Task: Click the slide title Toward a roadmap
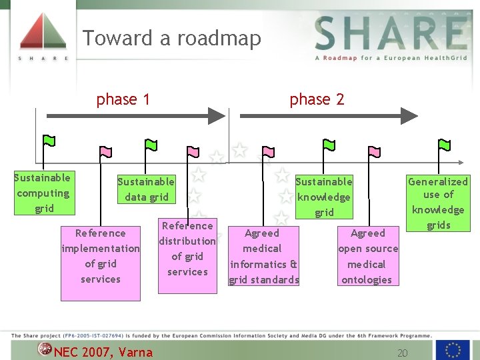[x=171, y=38]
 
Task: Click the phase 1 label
[x=123, y=100]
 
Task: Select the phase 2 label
[x=317, y=100]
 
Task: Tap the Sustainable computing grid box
[x=43, y=193]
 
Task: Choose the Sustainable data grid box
[x=146, y=189]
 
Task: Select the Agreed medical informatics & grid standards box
[x=263, y=256]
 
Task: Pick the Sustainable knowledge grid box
[x=324, y=197]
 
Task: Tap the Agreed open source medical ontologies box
[x=367, y=256]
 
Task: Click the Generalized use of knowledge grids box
[x=438, y=203]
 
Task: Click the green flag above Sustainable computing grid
[x=49, y=141]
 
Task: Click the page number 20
[x=402, y=352]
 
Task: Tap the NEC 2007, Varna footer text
[x=103, y=352]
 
